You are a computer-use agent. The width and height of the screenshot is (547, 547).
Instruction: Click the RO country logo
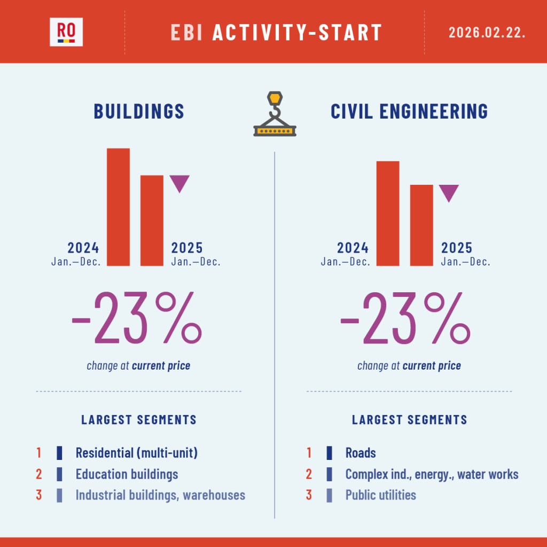66,32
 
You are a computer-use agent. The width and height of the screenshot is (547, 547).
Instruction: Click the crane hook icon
275,114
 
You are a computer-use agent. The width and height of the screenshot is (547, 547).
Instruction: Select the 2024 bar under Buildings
118,207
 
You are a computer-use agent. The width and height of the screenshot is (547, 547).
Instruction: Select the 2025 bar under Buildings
152,220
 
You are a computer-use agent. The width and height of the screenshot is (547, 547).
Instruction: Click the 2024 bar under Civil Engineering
388,213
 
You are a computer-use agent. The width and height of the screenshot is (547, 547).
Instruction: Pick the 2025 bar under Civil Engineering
421,225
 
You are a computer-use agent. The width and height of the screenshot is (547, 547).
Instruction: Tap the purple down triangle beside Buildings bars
179,183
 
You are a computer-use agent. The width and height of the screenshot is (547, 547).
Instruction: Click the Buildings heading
139,111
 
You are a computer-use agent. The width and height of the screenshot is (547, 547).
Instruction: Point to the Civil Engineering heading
409,111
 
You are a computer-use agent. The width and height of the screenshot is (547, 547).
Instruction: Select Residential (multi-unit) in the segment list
137,453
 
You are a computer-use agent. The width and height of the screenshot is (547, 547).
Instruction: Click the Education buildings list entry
127,474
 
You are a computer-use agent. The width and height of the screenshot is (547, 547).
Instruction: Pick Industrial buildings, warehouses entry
160,495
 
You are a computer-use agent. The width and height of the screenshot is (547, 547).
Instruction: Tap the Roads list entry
361,453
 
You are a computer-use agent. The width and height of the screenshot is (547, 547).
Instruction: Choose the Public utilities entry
380,495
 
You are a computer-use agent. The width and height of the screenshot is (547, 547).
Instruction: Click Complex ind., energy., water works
432,474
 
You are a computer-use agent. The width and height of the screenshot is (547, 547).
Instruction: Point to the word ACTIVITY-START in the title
297,32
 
